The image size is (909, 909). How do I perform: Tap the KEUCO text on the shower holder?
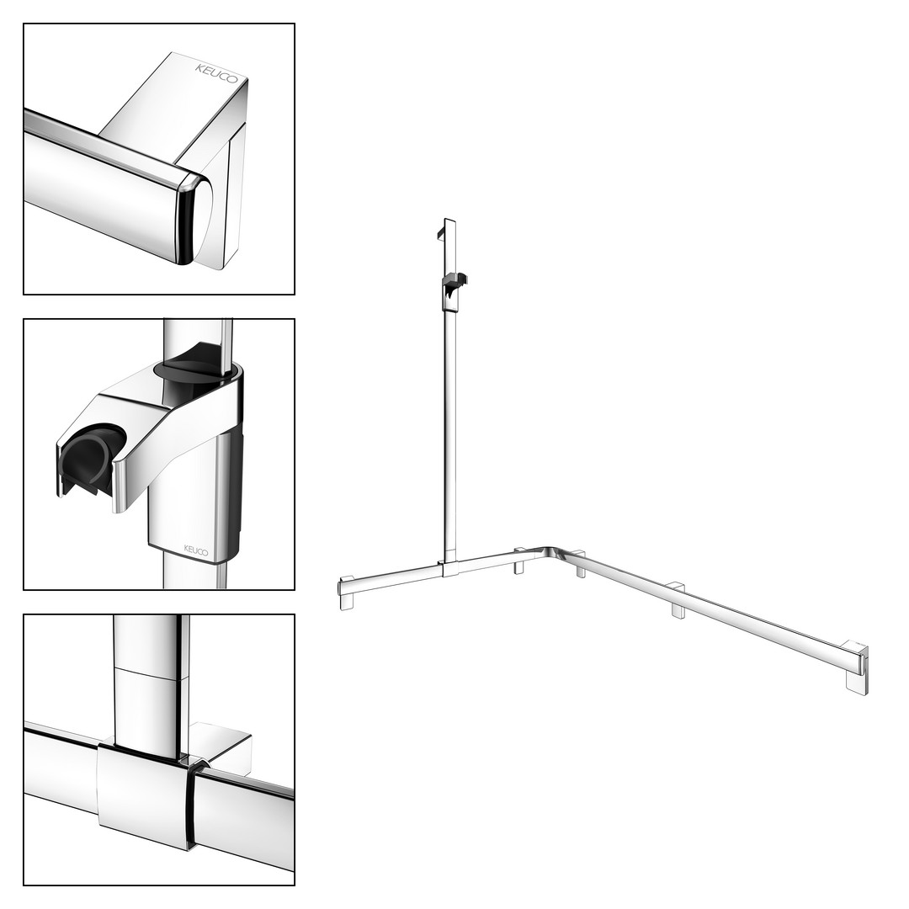pos(196,550)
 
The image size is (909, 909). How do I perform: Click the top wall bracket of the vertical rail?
pos(440,231)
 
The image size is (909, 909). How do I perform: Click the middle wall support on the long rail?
pos(677,602)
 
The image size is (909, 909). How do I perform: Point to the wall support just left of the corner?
pos(519,561)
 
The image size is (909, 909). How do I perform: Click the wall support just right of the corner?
pos(580,565)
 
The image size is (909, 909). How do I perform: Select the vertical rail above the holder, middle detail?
pos(198,341)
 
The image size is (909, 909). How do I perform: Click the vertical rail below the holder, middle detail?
pos(194,574)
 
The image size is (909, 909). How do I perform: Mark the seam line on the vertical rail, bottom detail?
pos(151,674)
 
